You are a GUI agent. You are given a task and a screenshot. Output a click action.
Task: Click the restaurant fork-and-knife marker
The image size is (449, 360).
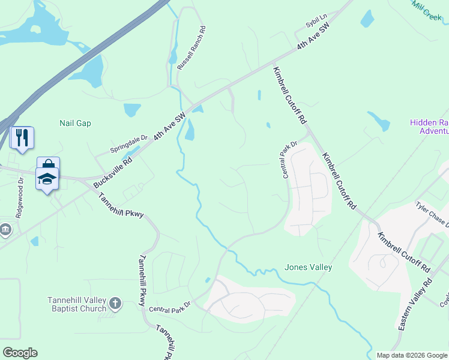click(x=22, y=138)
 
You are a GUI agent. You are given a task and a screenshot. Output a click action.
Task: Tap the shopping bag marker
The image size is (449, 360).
click(x=48, y=164)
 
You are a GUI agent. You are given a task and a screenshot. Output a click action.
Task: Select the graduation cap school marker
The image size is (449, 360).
click(x=47, y=178)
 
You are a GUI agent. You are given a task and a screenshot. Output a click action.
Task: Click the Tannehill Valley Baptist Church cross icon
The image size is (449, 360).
click(x=115, y=304)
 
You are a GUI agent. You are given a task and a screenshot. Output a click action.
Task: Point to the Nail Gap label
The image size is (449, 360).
click(x=75, y=123)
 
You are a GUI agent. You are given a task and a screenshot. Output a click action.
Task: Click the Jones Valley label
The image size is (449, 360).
click(x=308, y=267)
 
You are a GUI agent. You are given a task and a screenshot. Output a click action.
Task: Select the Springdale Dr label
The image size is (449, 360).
click(x=129, y=143)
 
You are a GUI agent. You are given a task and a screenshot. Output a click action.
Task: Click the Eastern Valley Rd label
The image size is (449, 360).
click(x=415, y=312)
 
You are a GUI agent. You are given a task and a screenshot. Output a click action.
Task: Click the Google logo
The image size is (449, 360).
click(x=20, y=352)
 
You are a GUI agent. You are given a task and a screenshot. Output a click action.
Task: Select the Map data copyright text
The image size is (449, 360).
click(x=412, y=355)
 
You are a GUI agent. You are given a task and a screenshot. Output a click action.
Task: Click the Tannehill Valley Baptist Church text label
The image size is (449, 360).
click(x=77, y=304)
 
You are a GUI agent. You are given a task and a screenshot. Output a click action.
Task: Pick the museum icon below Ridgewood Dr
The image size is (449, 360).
click(x=5, y=230)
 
